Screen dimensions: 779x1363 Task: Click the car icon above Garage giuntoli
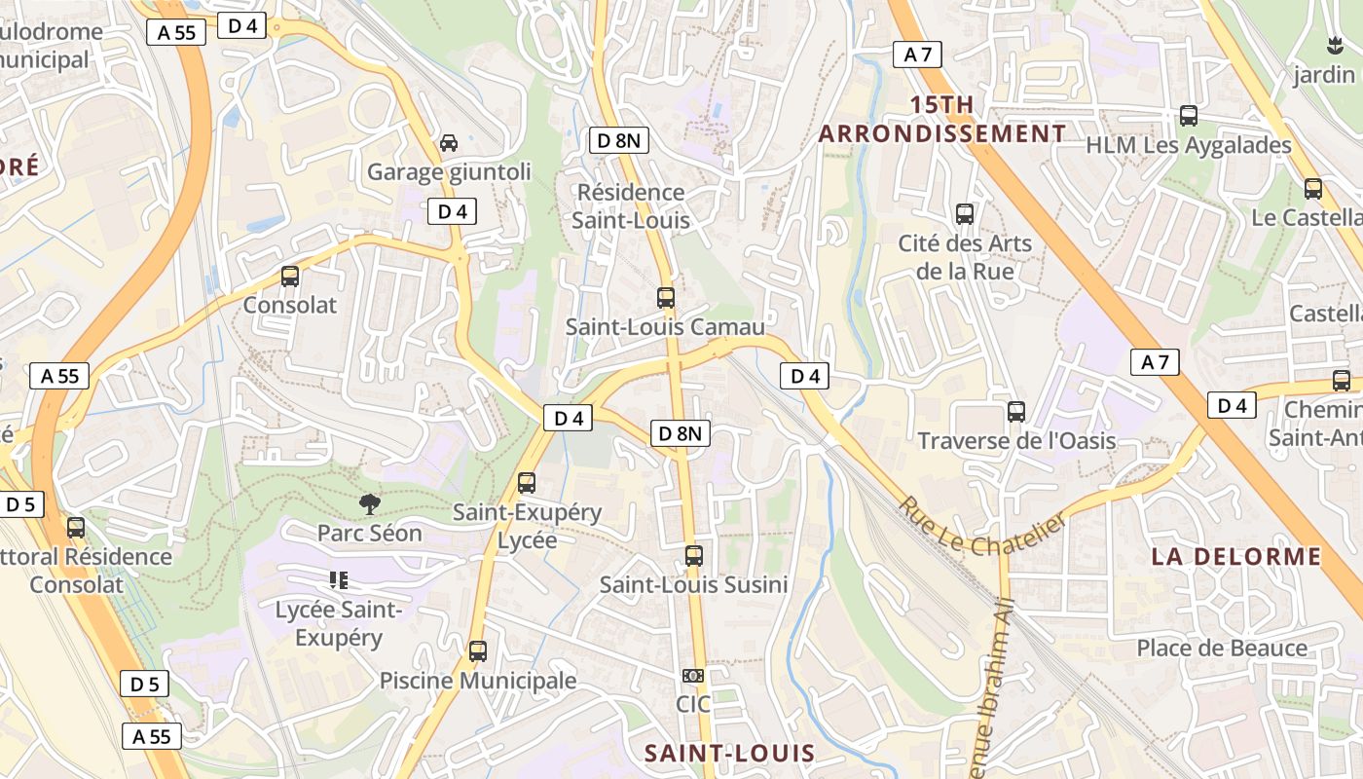pyautogui.click(x=449, y=143)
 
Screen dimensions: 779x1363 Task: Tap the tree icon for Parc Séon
pyautogui.click(x=369, y=503)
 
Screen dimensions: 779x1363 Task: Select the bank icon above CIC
pyautogui.click(x=692, y=675)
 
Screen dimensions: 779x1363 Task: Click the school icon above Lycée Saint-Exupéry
pyautogui.click(x=339, y=580)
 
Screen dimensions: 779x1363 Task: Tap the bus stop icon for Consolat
pyautogui.click(x=290, y=276)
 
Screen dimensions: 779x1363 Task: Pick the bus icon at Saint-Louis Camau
pyautogui.click(x=666, y=298)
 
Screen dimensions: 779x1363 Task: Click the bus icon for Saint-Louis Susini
pyautogui.click(x=693, y=556)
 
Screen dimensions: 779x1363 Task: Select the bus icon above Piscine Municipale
pyautogui.click(x=478, y=651)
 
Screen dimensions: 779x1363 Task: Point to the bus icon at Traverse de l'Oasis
pyautogui.click(x=1016, y=412)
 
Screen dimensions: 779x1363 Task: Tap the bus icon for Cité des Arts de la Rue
pyautogui.click(x=965, y=214)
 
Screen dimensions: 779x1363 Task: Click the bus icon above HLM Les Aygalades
pyautogui.click(x=1189, y=116)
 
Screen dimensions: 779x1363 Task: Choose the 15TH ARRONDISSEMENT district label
pyautogui.click(x=941, y=119)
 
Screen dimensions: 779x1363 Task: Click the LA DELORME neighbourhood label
pyautogui.click(x=1236, y=557)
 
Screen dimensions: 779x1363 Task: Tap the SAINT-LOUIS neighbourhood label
pyautogui.click(x=729, y=753)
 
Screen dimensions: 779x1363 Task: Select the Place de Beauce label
pyautogui.click(x=1222, y=648)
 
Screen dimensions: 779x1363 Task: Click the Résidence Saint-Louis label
pyautogui.click(x=631, y=206)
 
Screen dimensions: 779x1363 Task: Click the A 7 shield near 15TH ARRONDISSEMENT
pyautogui.click(x=917, y=55)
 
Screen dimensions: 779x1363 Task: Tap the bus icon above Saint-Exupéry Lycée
pyautogui.click(x=527, y=482)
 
